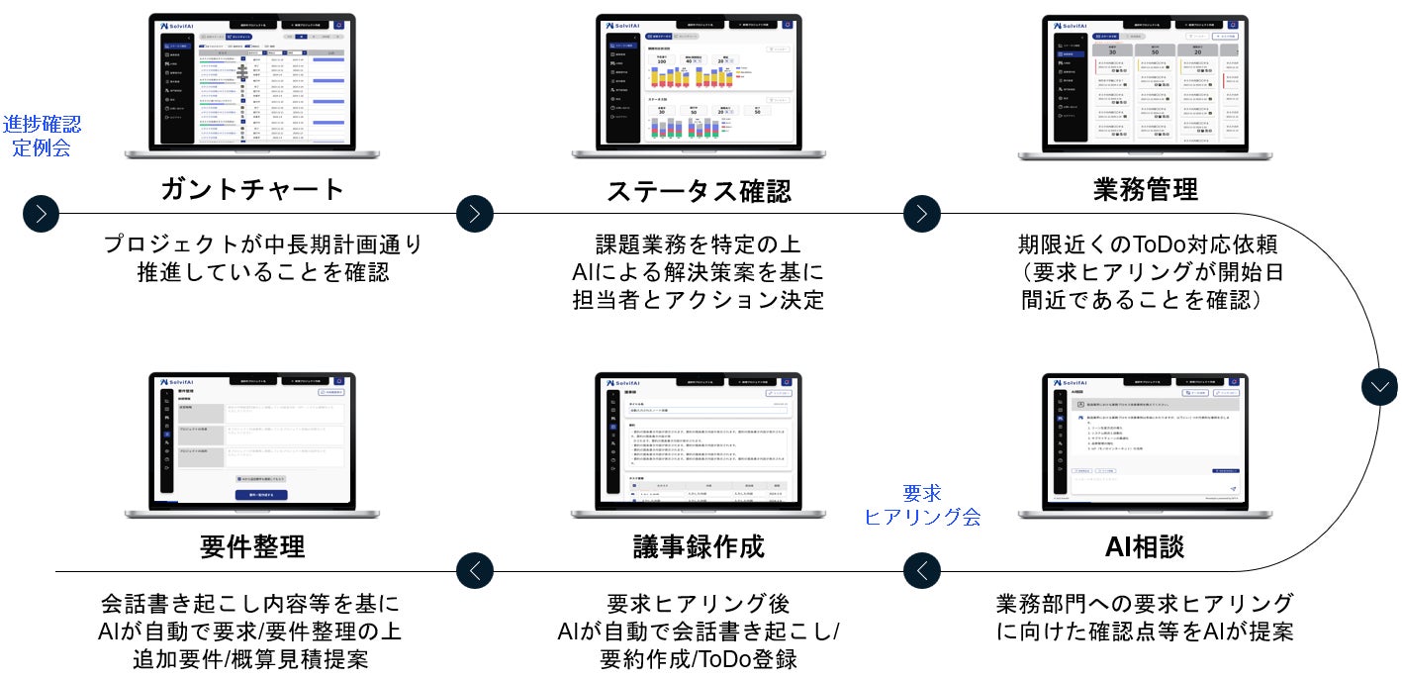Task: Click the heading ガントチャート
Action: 252,189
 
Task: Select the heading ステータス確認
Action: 699,189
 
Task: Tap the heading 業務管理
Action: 1146,189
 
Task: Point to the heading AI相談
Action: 1145,546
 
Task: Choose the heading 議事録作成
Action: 699,546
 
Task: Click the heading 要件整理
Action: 252,546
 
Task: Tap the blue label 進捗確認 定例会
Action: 42,136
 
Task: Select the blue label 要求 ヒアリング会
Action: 922,504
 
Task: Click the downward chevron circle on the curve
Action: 1379,385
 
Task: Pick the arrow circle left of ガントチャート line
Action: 42,213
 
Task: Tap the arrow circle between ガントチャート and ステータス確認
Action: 474,213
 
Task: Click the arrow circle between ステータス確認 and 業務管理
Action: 922,213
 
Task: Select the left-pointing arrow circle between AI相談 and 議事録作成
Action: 922,570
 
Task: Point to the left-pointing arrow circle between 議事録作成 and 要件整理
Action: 475,570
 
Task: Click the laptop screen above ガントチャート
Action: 252,82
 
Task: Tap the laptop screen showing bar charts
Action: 699,82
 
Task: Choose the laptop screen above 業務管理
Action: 1145,82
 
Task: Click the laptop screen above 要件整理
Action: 252,439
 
